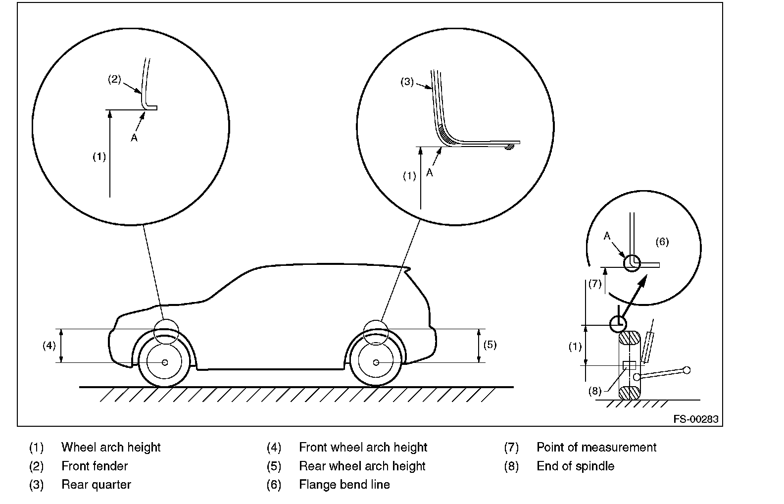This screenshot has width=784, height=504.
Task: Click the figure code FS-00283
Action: (696, 419)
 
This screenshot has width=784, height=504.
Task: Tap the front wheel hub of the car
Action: (165, 362)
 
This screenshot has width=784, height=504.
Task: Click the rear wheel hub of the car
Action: (376, 362)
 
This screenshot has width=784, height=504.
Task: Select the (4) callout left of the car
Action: (49, 346)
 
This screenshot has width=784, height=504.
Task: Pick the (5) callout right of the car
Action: (490, 345)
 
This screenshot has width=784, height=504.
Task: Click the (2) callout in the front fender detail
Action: (114, 79)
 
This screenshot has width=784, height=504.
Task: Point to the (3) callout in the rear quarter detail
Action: (407, 82)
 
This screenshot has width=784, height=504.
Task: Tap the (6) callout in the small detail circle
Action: (662, 242)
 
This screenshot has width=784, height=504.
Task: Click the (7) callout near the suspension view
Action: (595, 284)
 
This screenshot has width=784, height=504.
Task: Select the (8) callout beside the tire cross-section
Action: (595, 391)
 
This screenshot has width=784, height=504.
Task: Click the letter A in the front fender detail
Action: (134, 138)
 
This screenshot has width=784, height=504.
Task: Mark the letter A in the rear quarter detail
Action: (430, 173)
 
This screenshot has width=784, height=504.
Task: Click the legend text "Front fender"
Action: (95, 466)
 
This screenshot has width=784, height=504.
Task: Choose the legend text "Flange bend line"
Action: (344, 485)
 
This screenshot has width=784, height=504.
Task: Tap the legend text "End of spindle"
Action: (576, 466)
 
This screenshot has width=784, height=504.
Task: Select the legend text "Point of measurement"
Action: (596, 447)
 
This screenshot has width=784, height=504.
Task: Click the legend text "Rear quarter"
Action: (96, 485)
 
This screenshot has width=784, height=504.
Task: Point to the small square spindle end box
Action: (629, 365)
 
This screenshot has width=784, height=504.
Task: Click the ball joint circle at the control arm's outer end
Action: (686, 370)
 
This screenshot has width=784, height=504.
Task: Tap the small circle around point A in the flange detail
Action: (632, 263)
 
